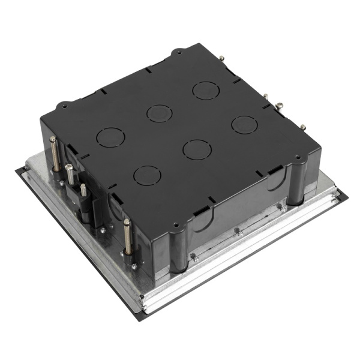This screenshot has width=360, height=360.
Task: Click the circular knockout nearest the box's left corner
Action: [x=110, y=137]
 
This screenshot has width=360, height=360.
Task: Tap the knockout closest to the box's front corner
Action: [x=147, y=175]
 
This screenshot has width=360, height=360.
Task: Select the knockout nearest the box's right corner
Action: [x=245, y=124]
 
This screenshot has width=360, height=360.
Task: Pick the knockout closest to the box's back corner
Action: [x=205, y=91]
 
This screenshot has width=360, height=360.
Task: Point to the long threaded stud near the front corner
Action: [x=127, y=237]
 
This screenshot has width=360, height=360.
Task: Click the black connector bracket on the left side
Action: [x=84, y=201]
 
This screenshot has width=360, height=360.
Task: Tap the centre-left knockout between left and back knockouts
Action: [x=159, y=113]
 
